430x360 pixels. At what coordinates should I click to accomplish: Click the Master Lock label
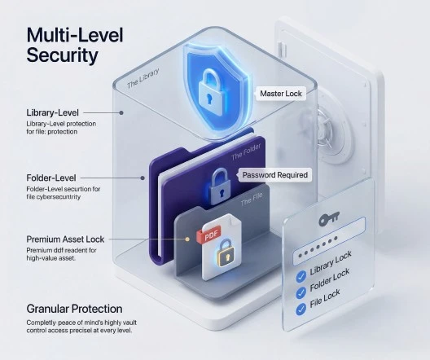281,94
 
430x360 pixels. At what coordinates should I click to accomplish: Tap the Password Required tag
274,175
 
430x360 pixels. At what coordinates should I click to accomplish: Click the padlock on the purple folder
220,187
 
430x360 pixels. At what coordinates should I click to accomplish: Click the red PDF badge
209,234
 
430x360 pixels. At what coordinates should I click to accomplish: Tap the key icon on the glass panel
329,218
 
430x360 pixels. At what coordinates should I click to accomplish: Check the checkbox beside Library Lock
301,276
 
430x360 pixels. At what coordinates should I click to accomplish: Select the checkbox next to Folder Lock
301,293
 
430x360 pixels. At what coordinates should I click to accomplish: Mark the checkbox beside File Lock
301,310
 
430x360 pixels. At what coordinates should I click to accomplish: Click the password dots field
328,242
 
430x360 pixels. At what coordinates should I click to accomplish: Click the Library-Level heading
52,112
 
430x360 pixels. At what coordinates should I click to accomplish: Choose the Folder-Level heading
51,178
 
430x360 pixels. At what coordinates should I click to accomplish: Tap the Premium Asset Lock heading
65,239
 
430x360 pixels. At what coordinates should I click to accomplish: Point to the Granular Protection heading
74,309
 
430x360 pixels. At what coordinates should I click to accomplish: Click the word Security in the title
62,55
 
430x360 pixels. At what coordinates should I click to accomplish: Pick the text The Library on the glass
143,78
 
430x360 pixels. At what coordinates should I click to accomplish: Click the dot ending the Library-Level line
121,112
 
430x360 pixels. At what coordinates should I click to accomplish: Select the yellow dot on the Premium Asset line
187,239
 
